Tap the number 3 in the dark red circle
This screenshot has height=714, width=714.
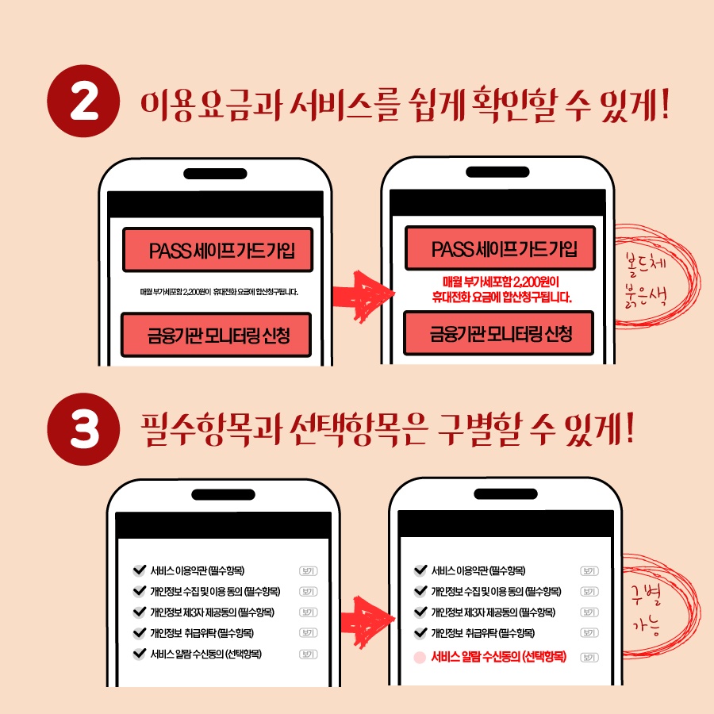[x=85, y=429]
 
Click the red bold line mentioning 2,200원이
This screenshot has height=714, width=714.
[x=501, y=282]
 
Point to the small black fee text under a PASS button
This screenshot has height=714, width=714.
[x=219, y=292]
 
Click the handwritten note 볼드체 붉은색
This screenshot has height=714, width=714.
[x=647, y=279]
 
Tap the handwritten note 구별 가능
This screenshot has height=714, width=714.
[x=646, y=610]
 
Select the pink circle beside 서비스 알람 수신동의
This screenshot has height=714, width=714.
[x=420, y=658]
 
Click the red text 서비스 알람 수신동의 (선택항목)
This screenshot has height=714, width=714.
[x=499, y=657]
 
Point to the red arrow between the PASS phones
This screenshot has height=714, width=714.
[x=363, y=297]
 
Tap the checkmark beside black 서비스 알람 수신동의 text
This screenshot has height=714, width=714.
[x=140, y=654]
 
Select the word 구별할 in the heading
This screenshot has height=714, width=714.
[x=479, y=429]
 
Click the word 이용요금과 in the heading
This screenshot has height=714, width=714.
[x=211, y=106]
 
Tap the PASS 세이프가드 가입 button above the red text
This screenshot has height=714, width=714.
[x=501, y=248]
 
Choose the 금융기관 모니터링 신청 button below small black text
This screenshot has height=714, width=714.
[x=217, y=335]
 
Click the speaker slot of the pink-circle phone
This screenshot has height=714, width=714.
[x=505, y=493]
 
